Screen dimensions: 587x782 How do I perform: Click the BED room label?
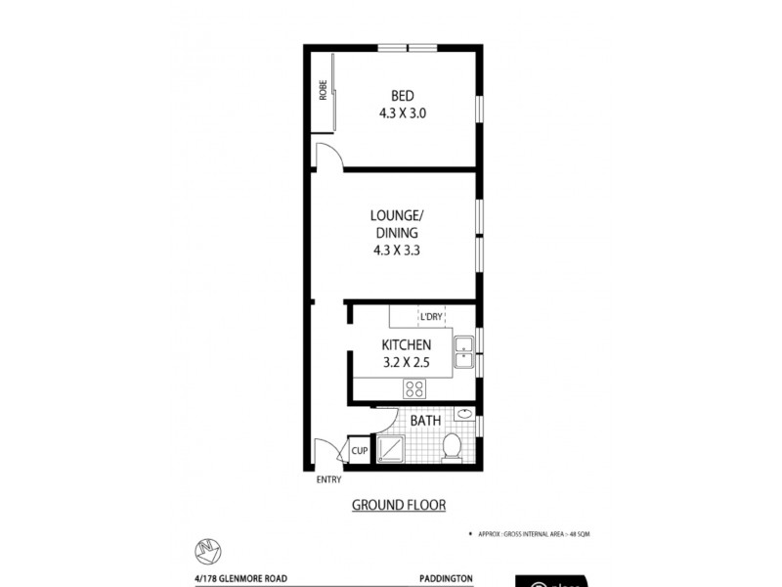pyautogui.click(x=402, y=96)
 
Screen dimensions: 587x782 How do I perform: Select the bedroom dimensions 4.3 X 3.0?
pyautogui.click(x=402, y=113)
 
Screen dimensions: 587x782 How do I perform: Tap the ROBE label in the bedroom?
pyautogui.click(x=322, y=91)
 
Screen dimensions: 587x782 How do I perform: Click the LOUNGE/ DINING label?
pyautogui.click(x=395, y=224)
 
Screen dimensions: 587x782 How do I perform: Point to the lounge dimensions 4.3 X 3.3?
pyautogui.click(x=395, y=249)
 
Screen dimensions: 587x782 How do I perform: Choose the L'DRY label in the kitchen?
pyautogui.click(x=431, y=317)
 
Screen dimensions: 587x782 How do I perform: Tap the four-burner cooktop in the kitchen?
pyautogui.click(x=414, y=388)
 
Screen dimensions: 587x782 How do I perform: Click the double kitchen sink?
pyautogui.click(x=463, y=352)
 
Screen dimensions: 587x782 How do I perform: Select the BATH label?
pyautogui.click(x=425, y=421)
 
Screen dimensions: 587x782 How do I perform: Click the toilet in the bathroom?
pyautogui.click(x=453, y=446)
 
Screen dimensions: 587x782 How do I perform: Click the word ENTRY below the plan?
pyautogui.click(x=329, y=478)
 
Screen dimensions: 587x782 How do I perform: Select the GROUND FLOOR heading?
pyautogui.click(x=398, y=506)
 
